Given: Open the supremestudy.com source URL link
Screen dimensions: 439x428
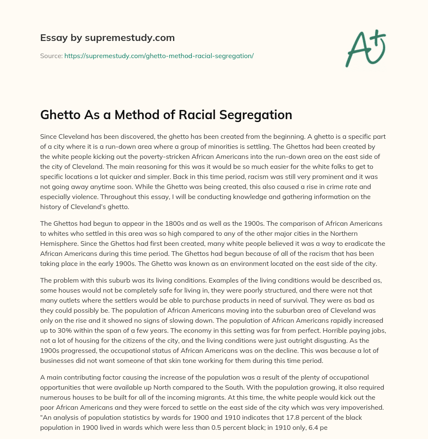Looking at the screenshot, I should click(159, 56).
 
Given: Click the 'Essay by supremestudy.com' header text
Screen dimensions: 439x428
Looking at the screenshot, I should click(107, 38).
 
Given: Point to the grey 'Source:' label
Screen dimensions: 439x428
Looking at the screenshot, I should click(51, 56).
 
